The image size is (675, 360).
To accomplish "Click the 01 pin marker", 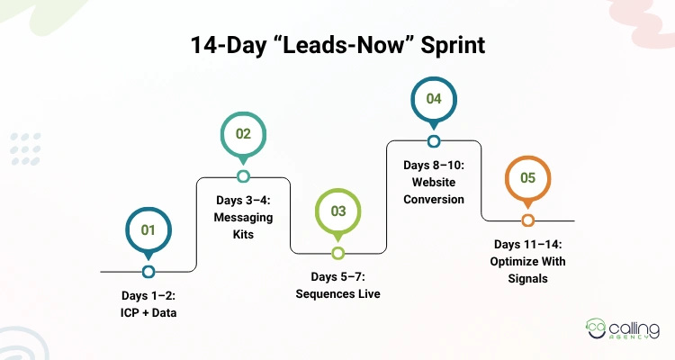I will coord(148,230).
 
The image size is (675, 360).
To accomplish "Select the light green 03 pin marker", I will coord(338,211).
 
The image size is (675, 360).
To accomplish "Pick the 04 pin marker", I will coord(434,99).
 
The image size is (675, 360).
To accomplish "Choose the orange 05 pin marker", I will coord(528,177).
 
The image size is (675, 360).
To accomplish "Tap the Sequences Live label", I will coord(337,285).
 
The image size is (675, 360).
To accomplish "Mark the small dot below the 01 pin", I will coord(148,271).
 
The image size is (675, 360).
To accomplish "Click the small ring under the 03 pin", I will coord(338,253).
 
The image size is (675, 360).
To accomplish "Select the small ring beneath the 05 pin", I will coord(528,220).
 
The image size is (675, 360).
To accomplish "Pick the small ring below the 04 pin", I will coord(434,141).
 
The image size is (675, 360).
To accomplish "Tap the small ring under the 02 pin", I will coord(243,176).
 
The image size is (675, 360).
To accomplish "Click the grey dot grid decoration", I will coord(25,148).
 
